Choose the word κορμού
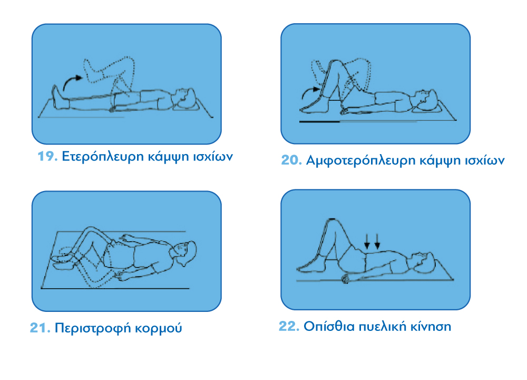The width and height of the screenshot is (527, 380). [x=158, y=329]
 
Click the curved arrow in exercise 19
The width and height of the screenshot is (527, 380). [x=72, y=82]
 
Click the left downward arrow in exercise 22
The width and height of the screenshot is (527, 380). [x=367, y=241]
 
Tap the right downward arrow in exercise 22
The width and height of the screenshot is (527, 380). [x=377, y=241]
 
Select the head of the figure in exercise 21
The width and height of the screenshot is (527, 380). [x=184, y=253]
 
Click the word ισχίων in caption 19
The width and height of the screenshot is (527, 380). [x=213, y=157]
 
